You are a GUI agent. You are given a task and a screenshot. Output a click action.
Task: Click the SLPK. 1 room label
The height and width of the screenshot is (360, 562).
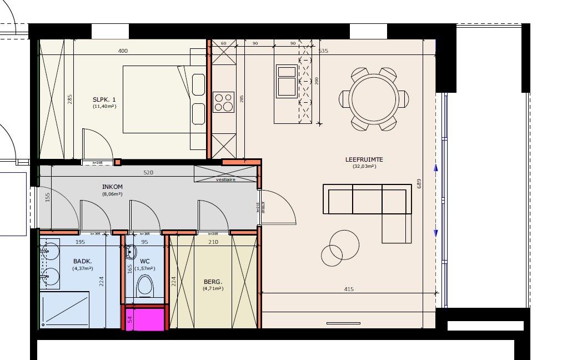[x=104, y=99]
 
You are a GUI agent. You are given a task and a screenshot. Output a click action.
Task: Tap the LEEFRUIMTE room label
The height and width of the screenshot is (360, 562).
[x=364, y=159]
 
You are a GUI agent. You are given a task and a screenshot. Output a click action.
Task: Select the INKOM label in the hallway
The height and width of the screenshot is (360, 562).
[x=112, y=187]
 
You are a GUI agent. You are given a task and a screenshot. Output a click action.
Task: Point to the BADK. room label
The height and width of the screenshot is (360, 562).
[x=82, y=261]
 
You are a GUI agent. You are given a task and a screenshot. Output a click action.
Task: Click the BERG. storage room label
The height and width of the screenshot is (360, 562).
[x=213, y=281]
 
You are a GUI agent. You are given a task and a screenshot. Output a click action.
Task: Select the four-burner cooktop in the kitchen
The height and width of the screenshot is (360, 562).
[x=223, y=102]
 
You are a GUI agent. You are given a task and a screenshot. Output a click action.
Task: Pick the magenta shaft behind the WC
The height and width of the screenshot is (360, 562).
[x=145, y=319]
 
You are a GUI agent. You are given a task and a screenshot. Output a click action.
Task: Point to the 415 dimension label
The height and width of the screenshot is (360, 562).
[x=348, y=289]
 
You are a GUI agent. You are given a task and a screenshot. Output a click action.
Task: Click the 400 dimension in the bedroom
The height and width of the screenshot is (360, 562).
[x=123, y=51]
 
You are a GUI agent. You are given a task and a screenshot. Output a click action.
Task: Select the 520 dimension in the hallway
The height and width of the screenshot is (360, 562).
[x=148, y=173]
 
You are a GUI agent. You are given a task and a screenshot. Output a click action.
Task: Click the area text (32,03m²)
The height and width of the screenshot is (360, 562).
[x=364, y=166]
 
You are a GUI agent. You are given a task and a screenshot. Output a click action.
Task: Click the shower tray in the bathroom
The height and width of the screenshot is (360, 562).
[x=64, y=309]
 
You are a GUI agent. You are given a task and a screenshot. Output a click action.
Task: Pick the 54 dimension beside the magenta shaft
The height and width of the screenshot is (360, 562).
[x=130, y=319]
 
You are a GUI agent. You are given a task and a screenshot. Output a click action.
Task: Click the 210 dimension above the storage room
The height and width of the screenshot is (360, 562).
[x=213, y=242]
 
